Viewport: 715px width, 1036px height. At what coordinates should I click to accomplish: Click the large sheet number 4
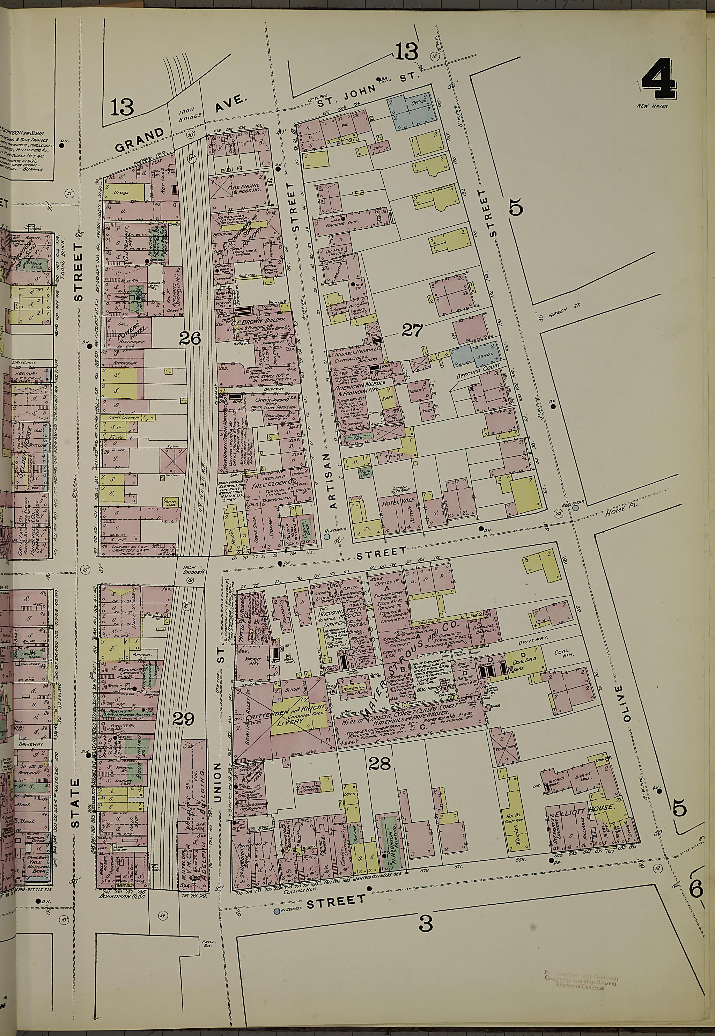pos(658,80)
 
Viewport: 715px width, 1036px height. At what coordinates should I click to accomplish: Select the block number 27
pos(412,331)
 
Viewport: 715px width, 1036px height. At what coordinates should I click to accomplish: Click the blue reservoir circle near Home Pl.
pos(575,508)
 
